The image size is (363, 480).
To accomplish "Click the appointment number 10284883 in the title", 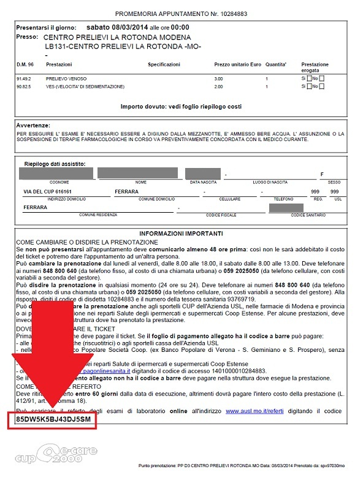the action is [245, 12].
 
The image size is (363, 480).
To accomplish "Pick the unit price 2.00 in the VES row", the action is [218, 86].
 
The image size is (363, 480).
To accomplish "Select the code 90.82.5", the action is [24, 86].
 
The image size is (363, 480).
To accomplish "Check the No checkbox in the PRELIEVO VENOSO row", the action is [322, 78].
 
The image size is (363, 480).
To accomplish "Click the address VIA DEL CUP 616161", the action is [49, 192].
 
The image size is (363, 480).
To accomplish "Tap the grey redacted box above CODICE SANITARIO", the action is [285, 207].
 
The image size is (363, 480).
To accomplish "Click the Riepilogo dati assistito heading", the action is [55, 164].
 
